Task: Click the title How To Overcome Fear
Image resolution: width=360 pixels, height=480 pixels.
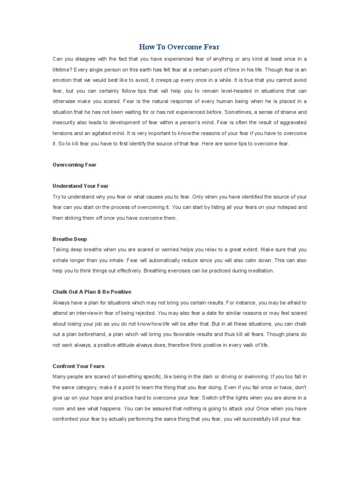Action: tap(180, 47)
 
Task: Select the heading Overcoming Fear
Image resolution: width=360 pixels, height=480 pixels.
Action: tap(74, 165)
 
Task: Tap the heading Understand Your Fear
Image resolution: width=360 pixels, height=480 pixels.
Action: tap(80, 186)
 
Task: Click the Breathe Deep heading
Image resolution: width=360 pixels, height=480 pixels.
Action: tap(70, 239)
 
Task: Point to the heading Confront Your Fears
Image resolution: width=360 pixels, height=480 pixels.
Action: tap(79, 366)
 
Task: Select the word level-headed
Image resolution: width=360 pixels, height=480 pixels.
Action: tap(222, 91)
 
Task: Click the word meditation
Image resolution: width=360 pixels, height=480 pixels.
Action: tap(263, 271)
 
